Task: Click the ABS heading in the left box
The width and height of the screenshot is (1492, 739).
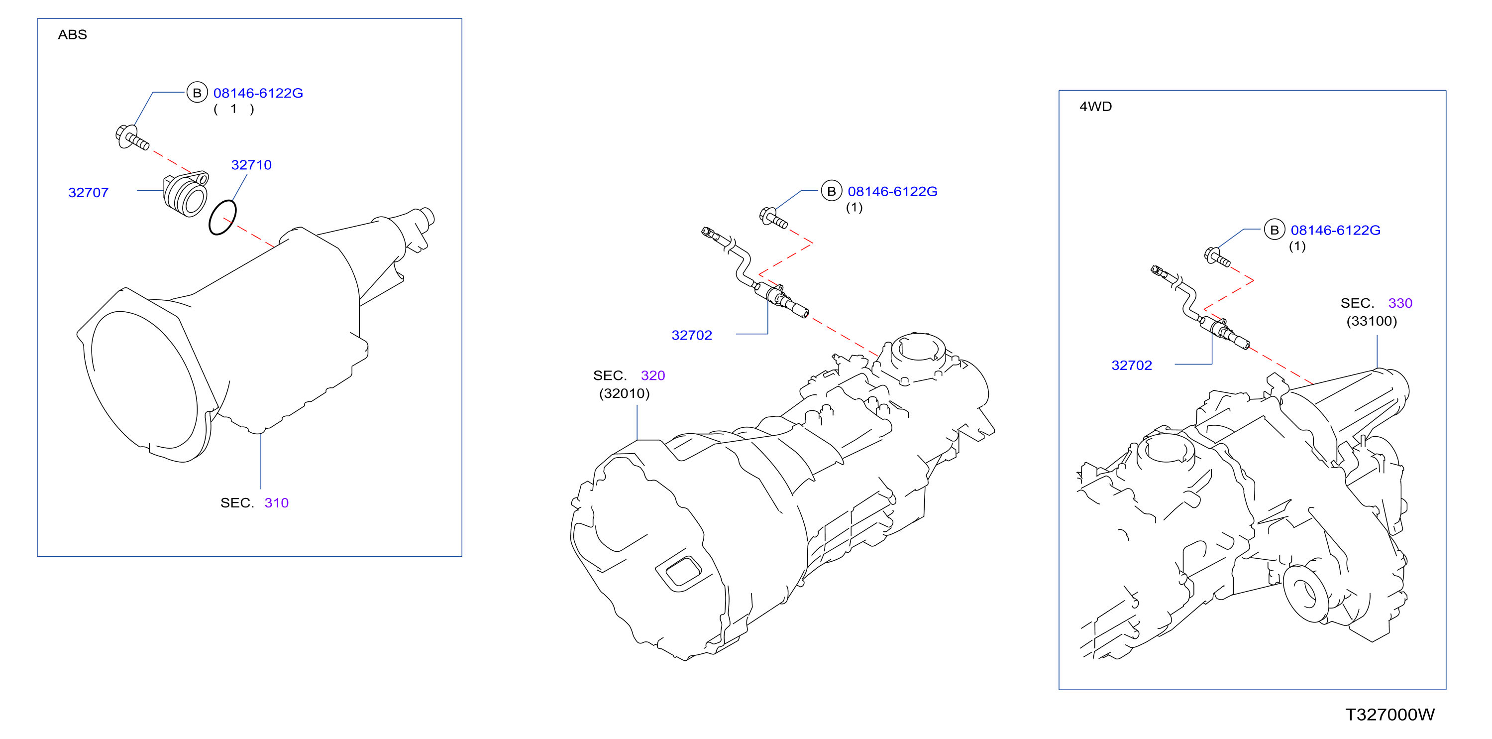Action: (72, 35)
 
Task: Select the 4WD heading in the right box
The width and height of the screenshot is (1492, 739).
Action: (1095, 107)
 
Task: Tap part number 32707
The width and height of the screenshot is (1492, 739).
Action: (89, 192)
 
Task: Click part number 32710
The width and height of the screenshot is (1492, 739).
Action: (251, 165)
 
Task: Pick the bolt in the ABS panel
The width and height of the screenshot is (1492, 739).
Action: (132, 138)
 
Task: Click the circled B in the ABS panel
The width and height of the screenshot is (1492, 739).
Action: (197, 93)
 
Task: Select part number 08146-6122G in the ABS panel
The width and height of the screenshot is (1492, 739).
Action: (258, 93)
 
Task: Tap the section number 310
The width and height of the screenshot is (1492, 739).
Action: (276, 502)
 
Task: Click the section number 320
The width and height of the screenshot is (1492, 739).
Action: (653, 375)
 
